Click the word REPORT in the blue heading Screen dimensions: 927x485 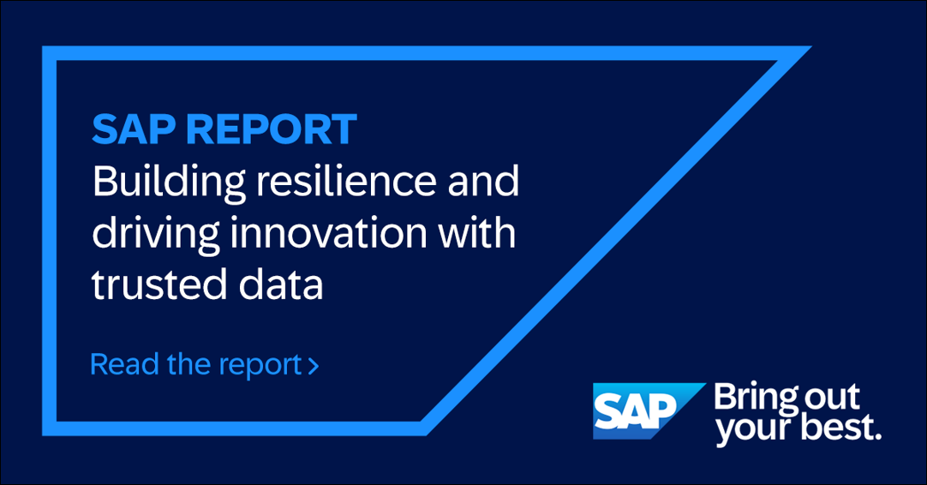pyautogui.click(x=272, y=129)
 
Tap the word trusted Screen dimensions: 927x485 pyautogui.click(x=159, y=284)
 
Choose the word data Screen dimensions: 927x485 pyautogui.click(x=281, y=284)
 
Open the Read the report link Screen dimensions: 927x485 pyautogui.click(x=204, y=364)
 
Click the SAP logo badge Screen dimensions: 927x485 pyautogui.click(x=649, y=411)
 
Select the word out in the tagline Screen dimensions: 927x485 pyautogui.click(x=832, y=398)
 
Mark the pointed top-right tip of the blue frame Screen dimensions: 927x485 pyautogui.click(x=810, y=46)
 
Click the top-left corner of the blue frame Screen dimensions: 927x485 pyautogui.click(x=43, y=46)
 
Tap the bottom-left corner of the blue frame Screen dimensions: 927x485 pyautogui.click(x=43, y=434)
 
